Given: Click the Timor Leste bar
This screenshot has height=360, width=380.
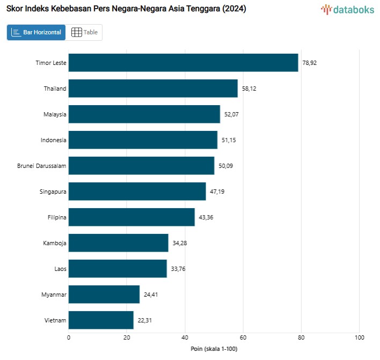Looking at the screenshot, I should [x=183, y=63].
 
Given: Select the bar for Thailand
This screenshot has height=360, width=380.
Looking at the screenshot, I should [x=153, y=89].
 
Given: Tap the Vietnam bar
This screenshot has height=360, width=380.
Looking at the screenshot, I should [x=101, y=320].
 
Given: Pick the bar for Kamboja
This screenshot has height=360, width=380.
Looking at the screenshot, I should [x=118, y=243].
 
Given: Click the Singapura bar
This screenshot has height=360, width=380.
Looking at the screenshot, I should [x=137, y=192].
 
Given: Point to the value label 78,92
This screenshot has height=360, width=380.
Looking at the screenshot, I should [x=310, y=63].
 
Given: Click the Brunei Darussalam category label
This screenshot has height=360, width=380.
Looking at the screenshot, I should [x=42, y=166].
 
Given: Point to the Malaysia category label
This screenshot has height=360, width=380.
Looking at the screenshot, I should [x=55, y=114].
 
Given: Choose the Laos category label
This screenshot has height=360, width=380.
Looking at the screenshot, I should [x=60, y=269].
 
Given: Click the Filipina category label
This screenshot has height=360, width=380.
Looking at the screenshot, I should [x=57, y=217].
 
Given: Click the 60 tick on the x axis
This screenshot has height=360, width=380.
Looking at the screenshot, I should [x=243, y=337].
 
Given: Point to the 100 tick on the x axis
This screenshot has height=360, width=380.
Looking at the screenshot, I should [x=360, y=337].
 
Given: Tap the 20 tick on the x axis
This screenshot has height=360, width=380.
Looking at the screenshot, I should [x=127, y=337].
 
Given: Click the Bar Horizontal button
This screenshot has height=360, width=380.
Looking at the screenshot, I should [x=36, y=32].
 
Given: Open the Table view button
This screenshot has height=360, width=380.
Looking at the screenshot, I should [x=84, y=32].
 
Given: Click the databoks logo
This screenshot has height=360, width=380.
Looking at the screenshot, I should [x=347, y=9].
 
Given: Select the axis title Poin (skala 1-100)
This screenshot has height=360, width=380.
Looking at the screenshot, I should [x=214, y=349].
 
